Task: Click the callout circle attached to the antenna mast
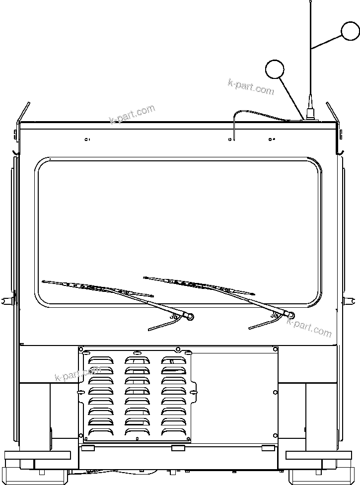(351, 31)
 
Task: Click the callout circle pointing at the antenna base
(275, 69)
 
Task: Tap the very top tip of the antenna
(310, 1)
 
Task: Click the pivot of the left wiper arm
(191, 316)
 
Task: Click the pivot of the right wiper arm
(291, 315)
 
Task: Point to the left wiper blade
(97, 288)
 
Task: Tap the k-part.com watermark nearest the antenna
(251, 87)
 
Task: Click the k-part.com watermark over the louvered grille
(78, 373)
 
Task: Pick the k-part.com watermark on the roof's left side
(132, 114)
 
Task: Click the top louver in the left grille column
(101, 359)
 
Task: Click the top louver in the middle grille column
(137, 359)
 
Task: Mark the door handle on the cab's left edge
(7, 299)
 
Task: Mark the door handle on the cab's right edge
(351, 299)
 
